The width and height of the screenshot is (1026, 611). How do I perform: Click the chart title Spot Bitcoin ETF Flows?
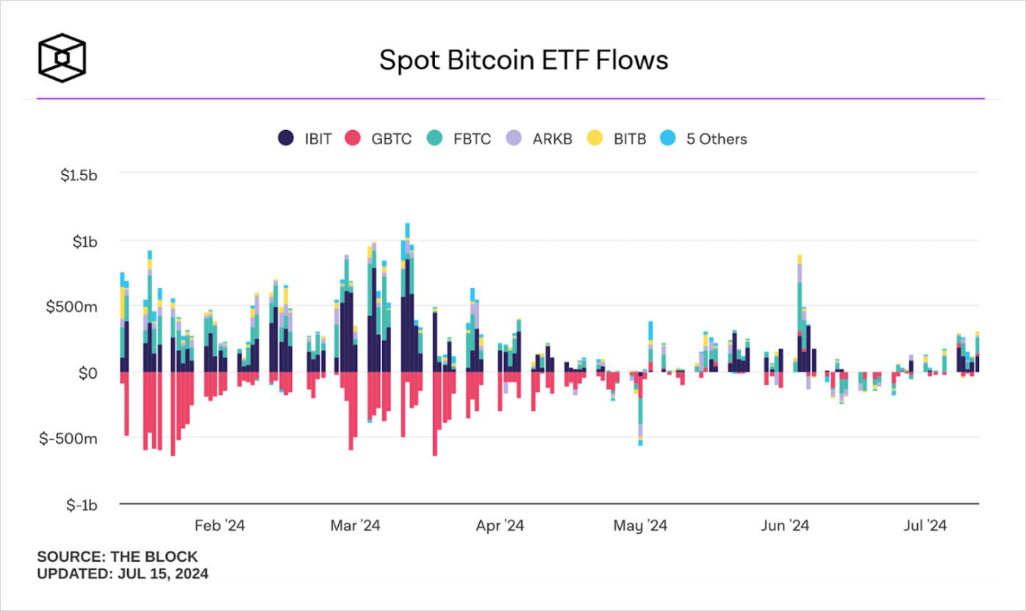[x=523, y=60]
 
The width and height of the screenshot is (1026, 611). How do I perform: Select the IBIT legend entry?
[x=307, y=138]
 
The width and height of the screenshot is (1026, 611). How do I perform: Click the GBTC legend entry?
[x=381, y=138]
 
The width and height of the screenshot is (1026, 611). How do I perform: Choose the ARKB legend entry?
[x=542, y=138]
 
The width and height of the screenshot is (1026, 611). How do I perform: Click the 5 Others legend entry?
[x=706, y=138]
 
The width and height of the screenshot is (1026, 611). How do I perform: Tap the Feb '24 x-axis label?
[x=220, y=526]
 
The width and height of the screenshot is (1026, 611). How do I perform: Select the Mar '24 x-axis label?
[x=356, y=526]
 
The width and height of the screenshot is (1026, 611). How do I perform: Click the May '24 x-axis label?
[x=640, y=526]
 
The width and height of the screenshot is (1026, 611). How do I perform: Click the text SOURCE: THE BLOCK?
[x=118, y=557]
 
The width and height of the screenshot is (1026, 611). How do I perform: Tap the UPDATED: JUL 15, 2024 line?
[x=123, y=574]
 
